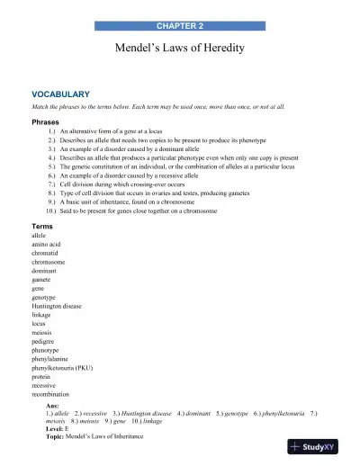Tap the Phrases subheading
coord(47,121)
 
